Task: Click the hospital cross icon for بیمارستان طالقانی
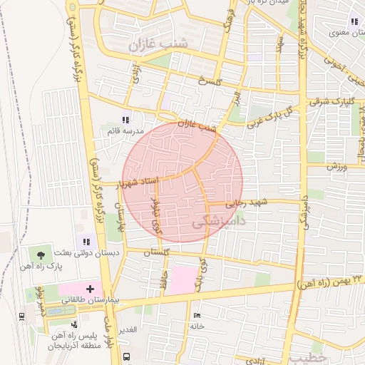(90, 289)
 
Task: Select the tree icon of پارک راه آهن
(40, 254)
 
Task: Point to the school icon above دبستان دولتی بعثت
(88, 242)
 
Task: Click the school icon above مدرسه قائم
(126, 120)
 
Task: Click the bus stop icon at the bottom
(126, 356)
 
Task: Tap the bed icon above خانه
(197, 315)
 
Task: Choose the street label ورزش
(336, 167)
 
